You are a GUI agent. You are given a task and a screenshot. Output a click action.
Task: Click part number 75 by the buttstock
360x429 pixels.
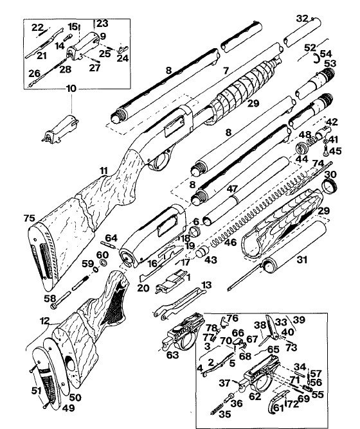[30, 218]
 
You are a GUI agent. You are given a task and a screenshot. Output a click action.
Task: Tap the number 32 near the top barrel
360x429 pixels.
[303, 19]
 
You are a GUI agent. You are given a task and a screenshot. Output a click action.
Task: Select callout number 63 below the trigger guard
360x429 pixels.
[172, 355]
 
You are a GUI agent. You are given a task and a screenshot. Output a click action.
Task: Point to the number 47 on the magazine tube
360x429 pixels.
[232, 189]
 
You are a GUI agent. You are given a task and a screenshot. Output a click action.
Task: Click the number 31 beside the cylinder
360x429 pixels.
[302, 259]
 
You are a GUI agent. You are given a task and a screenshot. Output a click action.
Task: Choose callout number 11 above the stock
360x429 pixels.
[104, 171]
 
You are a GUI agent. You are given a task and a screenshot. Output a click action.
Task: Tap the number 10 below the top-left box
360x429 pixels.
[71, 89]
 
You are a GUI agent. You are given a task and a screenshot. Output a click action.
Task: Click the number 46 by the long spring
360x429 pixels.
[230, 242]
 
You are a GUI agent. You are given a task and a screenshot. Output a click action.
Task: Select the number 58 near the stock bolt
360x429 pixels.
[50, 299]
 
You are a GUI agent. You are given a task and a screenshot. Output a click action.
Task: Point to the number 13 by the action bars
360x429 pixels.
[207, 285]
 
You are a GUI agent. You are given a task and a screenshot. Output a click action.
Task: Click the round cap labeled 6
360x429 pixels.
[195, 232]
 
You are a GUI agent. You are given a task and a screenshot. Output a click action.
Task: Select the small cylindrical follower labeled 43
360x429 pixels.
[203, 251]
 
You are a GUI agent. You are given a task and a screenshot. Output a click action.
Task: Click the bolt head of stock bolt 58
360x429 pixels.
[53, 307]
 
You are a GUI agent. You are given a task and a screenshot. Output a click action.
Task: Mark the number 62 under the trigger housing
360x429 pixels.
[255, 396]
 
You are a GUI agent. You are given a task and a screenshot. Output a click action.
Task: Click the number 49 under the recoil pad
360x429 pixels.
[69, 408]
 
